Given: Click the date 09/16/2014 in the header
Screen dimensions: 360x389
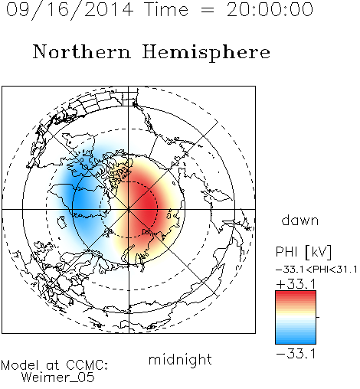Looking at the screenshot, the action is point(70,10).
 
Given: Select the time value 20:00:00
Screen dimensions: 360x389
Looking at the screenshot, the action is point(270,9).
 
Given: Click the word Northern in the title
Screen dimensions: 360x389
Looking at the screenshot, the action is point(82,51).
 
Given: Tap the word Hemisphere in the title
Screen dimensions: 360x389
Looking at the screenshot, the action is point(206,53).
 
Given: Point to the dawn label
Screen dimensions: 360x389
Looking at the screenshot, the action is point(300,220).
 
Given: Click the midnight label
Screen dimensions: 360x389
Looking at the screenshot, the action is point(180,360).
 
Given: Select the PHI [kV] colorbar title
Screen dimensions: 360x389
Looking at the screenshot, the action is point(303,252).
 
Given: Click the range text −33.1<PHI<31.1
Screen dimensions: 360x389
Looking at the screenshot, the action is point(316,270).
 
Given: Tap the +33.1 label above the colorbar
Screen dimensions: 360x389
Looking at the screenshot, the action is point(296,284).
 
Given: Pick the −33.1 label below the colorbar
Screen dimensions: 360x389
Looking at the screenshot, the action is point(296,354).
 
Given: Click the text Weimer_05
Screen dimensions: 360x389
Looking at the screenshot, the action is point(58,378).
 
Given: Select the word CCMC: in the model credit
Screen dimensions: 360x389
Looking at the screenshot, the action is point(87,365).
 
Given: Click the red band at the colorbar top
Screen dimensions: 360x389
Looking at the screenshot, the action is point(296,294).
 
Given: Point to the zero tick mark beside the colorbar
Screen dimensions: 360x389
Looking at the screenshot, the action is point(318,317).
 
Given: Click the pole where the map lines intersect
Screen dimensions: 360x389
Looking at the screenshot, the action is point(129,209).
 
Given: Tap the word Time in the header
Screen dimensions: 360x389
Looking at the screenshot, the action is point(166,9).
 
